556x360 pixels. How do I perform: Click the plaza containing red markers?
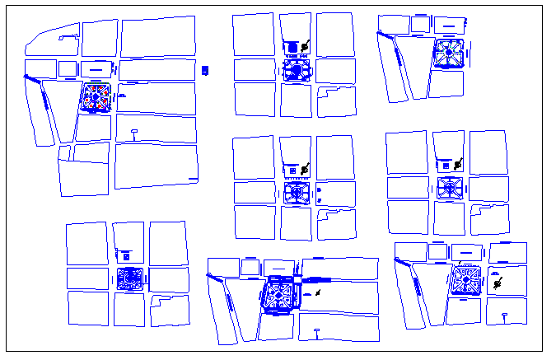[96, 97]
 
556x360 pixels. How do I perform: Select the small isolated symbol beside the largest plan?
[206, 69]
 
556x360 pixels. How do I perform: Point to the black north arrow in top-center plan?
[305, 46]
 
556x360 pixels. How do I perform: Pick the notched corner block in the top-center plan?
[336, 99]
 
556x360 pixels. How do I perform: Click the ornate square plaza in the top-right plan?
[449, 54]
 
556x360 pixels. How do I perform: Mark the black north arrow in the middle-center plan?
[306, 170]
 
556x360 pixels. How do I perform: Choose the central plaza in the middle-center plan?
[297, 193]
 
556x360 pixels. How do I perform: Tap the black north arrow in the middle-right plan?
[459, 163]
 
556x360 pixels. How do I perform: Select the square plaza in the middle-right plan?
[450, 188]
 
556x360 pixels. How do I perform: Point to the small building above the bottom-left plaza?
[124, 252]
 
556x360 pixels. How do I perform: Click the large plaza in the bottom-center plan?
[280, 295]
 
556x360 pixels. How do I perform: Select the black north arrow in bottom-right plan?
[498, 284]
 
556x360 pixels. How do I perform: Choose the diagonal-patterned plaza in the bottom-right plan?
[466, 280]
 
